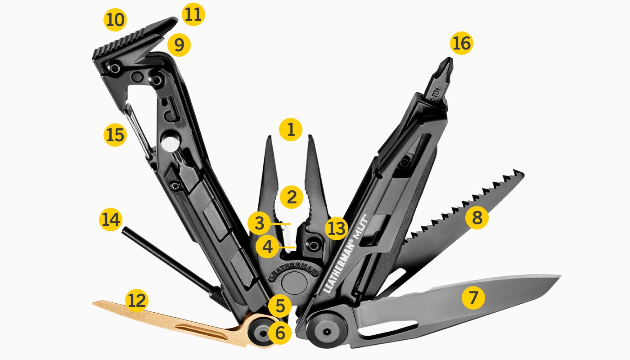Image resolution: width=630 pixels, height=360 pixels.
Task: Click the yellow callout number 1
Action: click(291, 130)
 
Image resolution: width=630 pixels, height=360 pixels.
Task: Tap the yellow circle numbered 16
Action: click(462, 44)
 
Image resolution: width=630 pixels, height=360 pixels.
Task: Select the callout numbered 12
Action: click(137, 301)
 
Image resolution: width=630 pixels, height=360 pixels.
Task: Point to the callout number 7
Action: click(473, 297)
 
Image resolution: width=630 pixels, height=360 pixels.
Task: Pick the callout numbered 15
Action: click(115, 135)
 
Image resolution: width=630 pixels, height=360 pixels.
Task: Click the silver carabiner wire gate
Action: click(139, 130)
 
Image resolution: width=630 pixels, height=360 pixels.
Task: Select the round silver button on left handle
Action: click(170, 144)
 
